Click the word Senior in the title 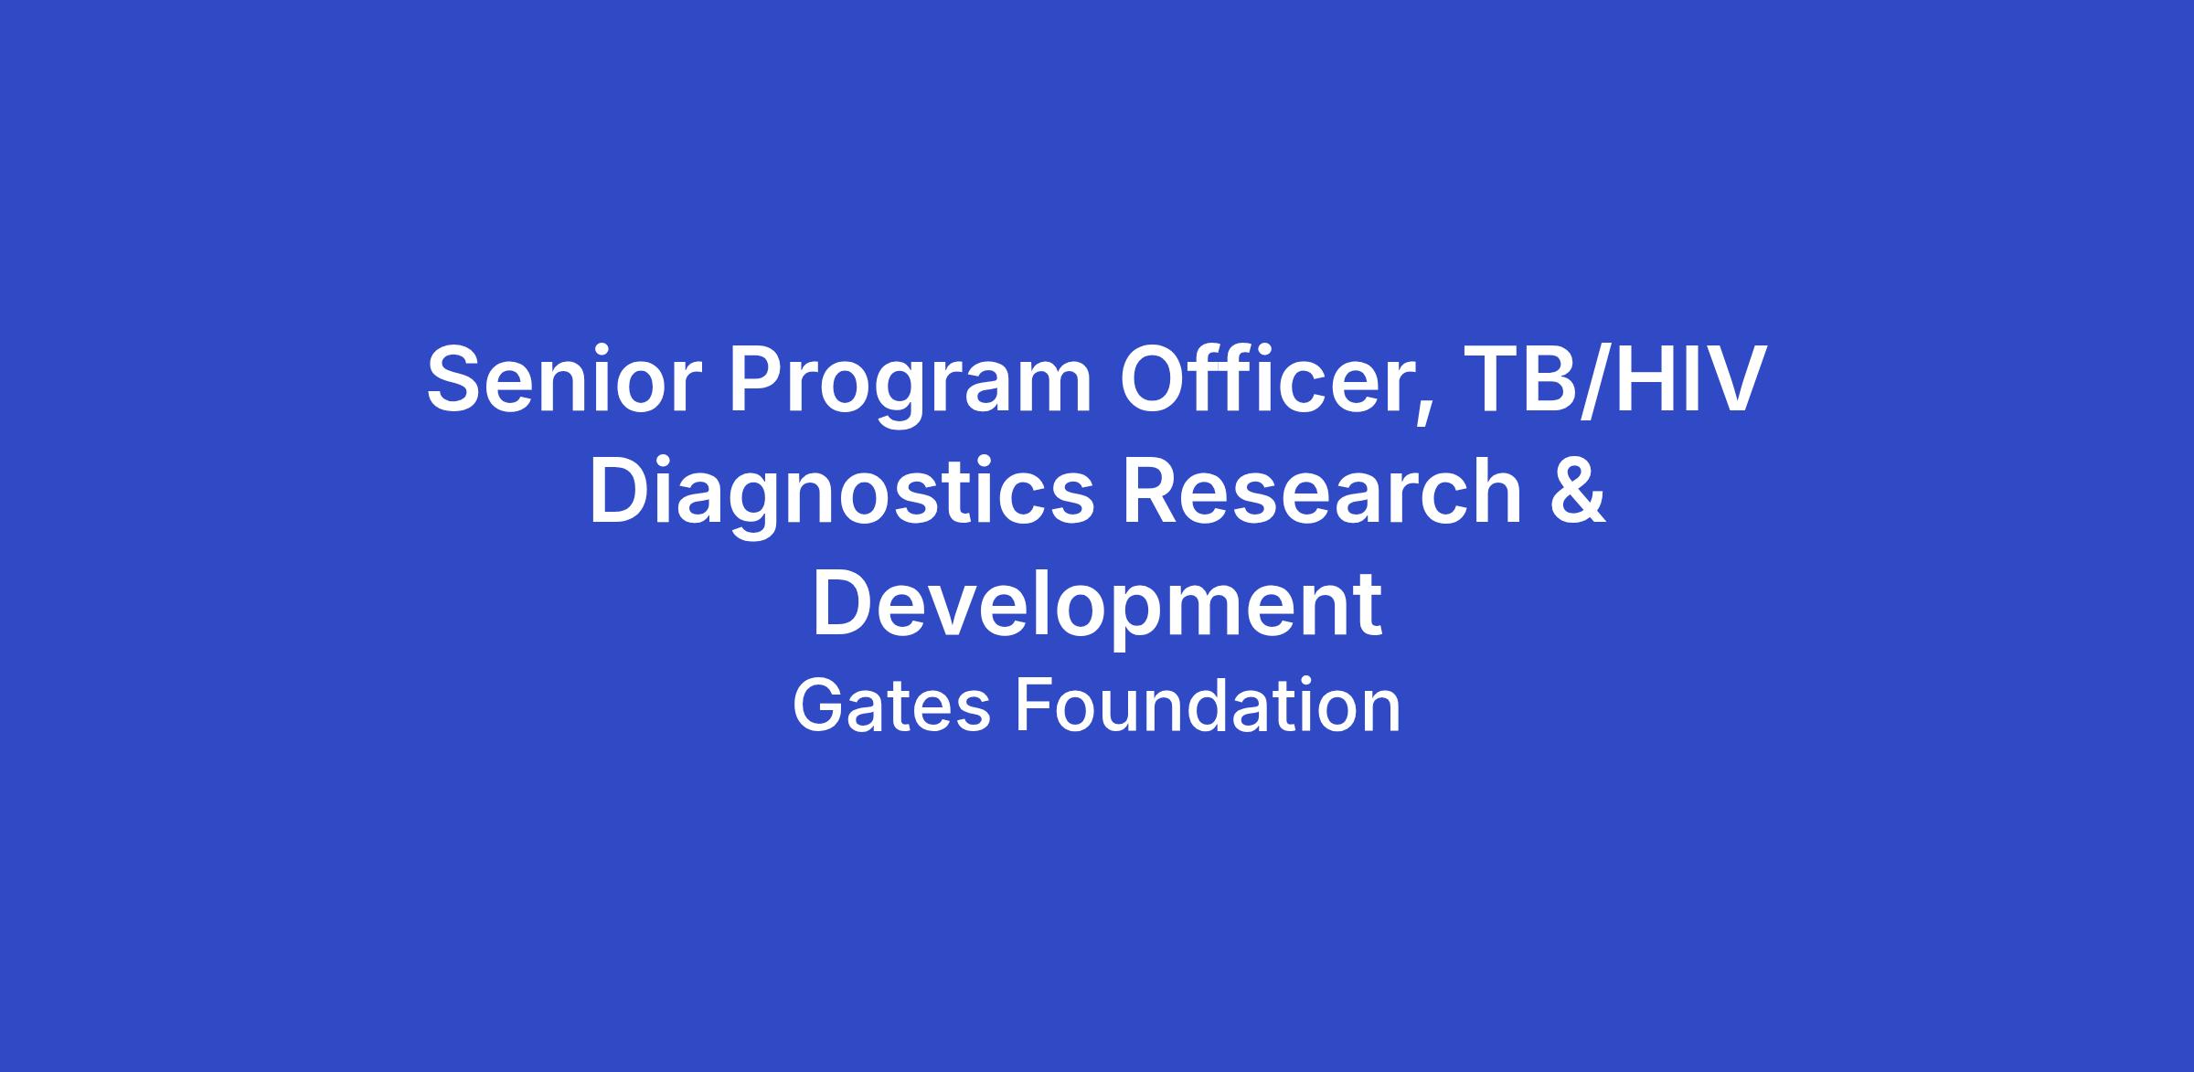tap(558, 379)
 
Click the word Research tap(1321, 490)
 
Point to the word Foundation tap(1208, 706)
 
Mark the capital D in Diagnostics tap(622, 491)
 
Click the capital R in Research tap(1153, 491)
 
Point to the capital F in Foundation tap(1036, 706)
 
